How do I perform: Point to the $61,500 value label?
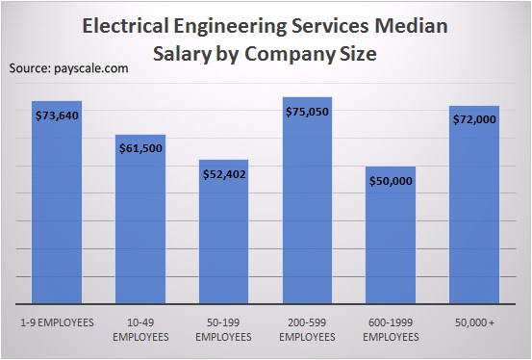click(140, 150)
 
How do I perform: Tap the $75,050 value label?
click(308, 113)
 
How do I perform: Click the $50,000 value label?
click(391, 181)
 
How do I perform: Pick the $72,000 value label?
click(474, 120)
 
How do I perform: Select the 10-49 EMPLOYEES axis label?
click(140, 330)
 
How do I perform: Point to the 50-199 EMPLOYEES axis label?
click(224, 330)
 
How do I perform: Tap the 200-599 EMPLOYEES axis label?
click(308, 330)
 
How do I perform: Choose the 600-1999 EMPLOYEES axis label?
click(391, 330)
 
